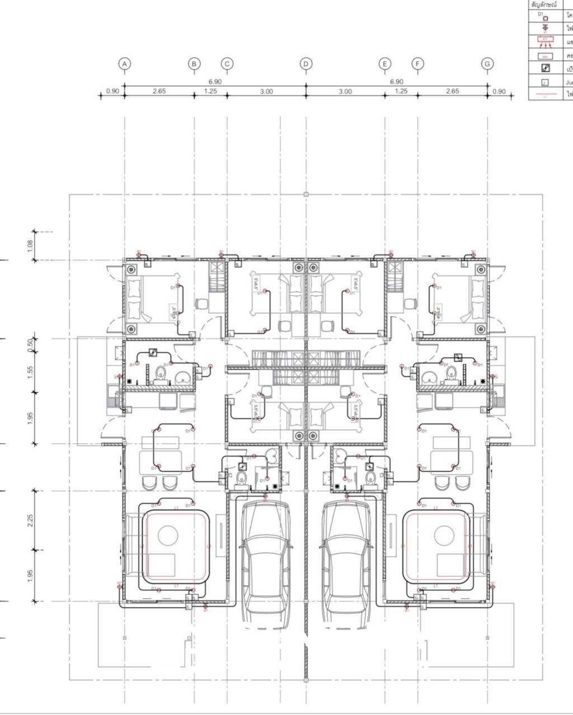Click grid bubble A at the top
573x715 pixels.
tap(125, 64)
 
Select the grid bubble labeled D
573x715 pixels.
tap(306, 64)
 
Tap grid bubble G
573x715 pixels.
tap(487, 64)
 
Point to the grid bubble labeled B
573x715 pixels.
tap(194, 64)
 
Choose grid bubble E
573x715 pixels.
tap(384, 64)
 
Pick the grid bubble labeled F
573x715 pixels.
tap(417, 64)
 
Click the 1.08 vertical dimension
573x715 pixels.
tap(30, 245)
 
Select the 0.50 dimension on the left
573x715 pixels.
tap(30, 344)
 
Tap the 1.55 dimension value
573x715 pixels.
tap(30, 371)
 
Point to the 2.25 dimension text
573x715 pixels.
tap(30, 520)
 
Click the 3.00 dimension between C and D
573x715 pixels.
tap(266, 92)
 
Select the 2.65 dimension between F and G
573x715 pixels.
tap(452, 91)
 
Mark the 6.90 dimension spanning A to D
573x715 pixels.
tap(215, 82)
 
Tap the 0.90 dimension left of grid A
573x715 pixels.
tap(112, 91)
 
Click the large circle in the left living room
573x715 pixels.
tap(168, 536)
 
